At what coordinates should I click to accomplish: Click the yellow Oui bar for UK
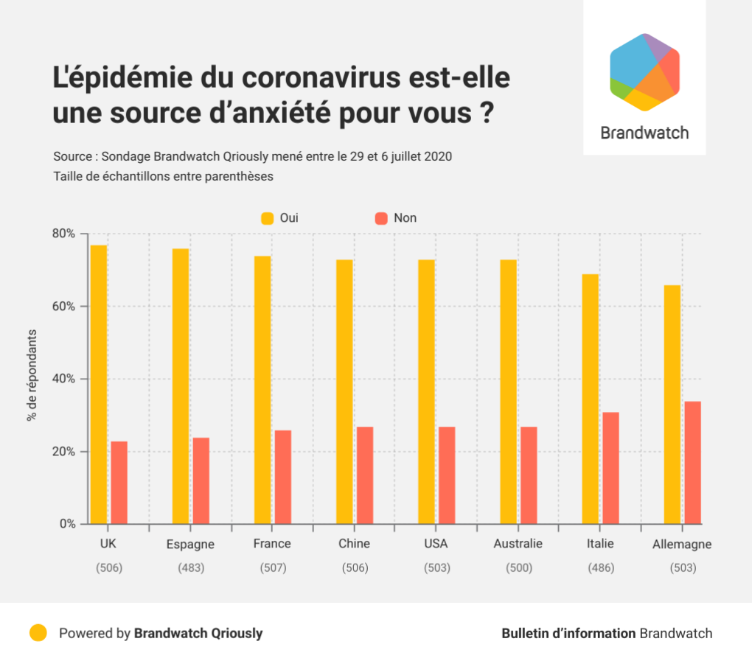[x=99, y=384]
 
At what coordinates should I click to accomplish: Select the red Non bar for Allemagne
[x=692, y=463]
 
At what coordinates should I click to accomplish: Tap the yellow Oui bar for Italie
[x=590, y=399]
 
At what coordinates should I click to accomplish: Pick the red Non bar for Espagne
[x=201, y=480]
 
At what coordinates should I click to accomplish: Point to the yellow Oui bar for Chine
[x=344, y=391]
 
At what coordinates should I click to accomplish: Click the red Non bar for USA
[x=447, y=475]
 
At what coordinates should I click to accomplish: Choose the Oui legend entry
[x=279, y=218]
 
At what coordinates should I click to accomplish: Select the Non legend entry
[x=395, y=218]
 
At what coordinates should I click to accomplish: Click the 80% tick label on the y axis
[x=63, y=234]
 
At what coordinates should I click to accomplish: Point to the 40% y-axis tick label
[x=63, y=379]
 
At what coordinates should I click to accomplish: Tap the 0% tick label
[x=67, y=524]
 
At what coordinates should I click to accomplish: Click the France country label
[x=271, y=544]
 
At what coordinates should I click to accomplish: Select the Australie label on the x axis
[x=518, y=544]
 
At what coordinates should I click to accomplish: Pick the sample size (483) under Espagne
[x=191, y=568]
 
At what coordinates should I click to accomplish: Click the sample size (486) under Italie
[x=600, y=568]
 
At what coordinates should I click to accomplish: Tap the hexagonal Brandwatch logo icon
[x=644, y=72]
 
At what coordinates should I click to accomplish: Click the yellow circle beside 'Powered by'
[x=38, y=633]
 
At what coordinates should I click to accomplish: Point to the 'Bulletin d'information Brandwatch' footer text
[x=607, y=633]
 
